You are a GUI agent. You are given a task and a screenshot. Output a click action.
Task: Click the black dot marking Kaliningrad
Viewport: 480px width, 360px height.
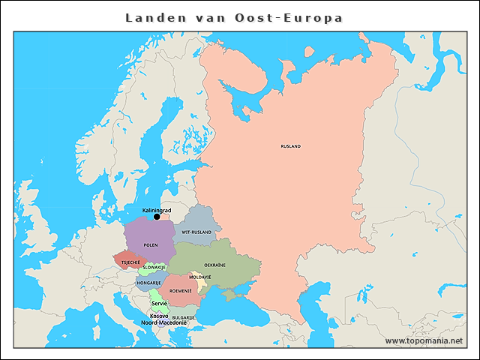[157, 217]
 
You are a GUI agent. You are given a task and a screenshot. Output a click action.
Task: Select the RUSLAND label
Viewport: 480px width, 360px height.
[290, 146]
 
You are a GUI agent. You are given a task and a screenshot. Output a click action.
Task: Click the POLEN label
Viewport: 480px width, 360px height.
[151, 245]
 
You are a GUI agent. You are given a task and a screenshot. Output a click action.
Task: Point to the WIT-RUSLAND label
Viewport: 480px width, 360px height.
[196, 232]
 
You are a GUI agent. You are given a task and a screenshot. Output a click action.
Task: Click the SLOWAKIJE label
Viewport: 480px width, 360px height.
[154, 267]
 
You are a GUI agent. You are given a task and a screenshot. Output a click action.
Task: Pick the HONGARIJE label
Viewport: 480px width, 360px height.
[149, 283]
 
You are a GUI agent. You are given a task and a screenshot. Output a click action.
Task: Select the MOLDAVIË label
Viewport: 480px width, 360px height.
[200, 277]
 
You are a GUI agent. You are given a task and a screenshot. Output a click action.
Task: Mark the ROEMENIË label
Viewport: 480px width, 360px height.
[181, 289]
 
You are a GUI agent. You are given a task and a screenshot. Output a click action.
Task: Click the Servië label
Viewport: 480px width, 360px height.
[159, 304]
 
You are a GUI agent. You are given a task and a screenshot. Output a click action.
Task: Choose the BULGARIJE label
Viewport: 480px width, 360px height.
[184, 317]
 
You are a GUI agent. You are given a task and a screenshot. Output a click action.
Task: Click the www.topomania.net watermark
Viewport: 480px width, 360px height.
[424, 340]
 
